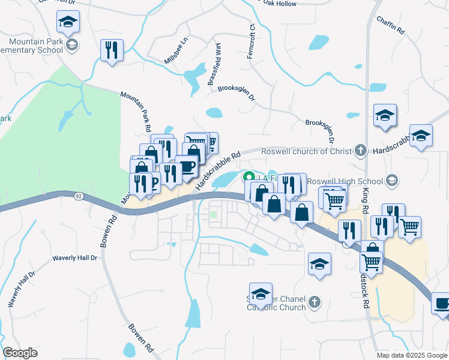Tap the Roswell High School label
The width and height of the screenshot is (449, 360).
[x=345, y=181]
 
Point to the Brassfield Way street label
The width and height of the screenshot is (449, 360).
[x=214, y=64]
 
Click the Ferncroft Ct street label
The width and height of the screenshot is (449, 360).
[x=252, y=41]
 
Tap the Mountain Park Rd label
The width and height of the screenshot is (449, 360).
[x=136, y=112]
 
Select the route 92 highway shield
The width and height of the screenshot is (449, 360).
[x=79, y=196]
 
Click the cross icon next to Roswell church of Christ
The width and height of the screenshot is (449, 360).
[x=360, y=150]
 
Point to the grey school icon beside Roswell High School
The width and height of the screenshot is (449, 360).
[x=392, y=180]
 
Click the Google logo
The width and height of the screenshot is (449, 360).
[x=20, y=352]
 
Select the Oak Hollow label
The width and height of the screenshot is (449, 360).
[x=280, y=4]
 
